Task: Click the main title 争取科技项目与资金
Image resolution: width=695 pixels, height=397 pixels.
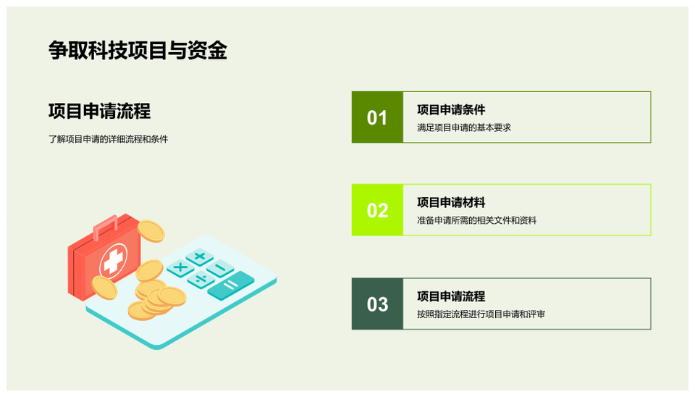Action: pos(138,50)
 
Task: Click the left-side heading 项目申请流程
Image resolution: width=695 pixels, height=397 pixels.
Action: pos(100,111)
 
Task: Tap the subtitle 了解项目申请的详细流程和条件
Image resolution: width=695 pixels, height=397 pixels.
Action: pos(108,139)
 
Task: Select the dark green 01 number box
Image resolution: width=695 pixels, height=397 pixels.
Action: pos(377,117)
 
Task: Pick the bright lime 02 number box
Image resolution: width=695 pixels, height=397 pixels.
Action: pos(377,210)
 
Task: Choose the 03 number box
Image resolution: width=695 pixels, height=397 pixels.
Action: pos(377,304)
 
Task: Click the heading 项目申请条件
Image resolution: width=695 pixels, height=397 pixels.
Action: pos(451,109)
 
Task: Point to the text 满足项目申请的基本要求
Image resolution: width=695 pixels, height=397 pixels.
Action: pos(464,128)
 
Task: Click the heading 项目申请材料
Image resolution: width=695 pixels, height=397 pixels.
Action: pos(451,202)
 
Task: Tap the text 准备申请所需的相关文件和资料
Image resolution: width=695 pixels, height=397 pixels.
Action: pos(476,220)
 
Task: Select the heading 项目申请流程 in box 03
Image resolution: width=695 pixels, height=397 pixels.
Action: pos(451,296)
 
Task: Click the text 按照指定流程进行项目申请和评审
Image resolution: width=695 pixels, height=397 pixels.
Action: pos(481,314)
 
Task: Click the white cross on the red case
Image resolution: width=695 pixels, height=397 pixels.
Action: pos(113,262)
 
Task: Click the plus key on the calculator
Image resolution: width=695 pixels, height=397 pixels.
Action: pos(200,256)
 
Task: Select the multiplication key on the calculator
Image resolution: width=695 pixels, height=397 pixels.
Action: pos(180,267)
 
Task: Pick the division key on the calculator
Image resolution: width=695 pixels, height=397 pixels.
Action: pos(201,280)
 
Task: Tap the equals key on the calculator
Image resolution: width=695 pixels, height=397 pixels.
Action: pos(230,285)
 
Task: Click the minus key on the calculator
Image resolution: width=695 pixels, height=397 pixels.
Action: pos(220,268)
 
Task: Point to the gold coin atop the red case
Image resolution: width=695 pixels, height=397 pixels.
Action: pos(151,231)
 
